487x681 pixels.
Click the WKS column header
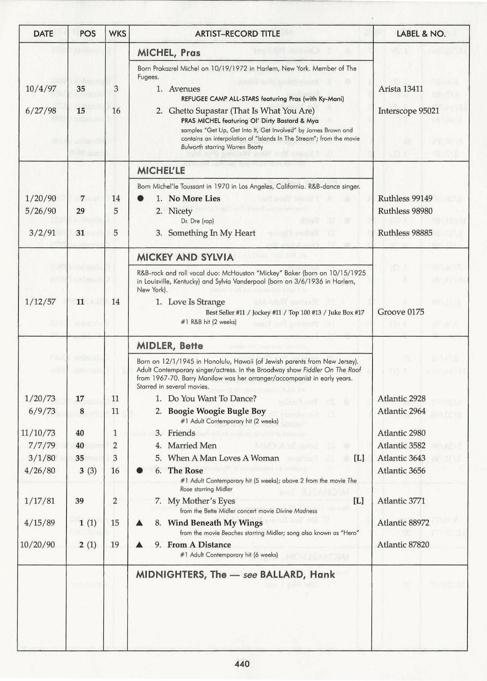(x=117, y=34)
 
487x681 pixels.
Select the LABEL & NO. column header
(x=421, y=34)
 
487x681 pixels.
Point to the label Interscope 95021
(x=408, y=111)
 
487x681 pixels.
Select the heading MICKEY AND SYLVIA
(x=185, y=257)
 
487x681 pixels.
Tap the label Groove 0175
(x=401, y=312)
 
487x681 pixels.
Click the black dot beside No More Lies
(x=140, y=199)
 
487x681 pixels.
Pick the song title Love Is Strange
(x=196, y=302)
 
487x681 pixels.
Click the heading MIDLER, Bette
(x=170, y=346)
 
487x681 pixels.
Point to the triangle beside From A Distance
(x=139, y=545)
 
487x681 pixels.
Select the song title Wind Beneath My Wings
(x=215, y=523)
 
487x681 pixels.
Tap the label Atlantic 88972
(x=403, y=523)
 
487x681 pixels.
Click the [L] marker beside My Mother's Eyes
(x=359, y=501)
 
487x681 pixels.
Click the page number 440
(x=242, y=664)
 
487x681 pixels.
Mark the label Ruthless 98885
(x=405, y=233)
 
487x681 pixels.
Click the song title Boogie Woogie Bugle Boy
(x=217, y=411)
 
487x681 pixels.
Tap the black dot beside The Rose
(x=140, y=471)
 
